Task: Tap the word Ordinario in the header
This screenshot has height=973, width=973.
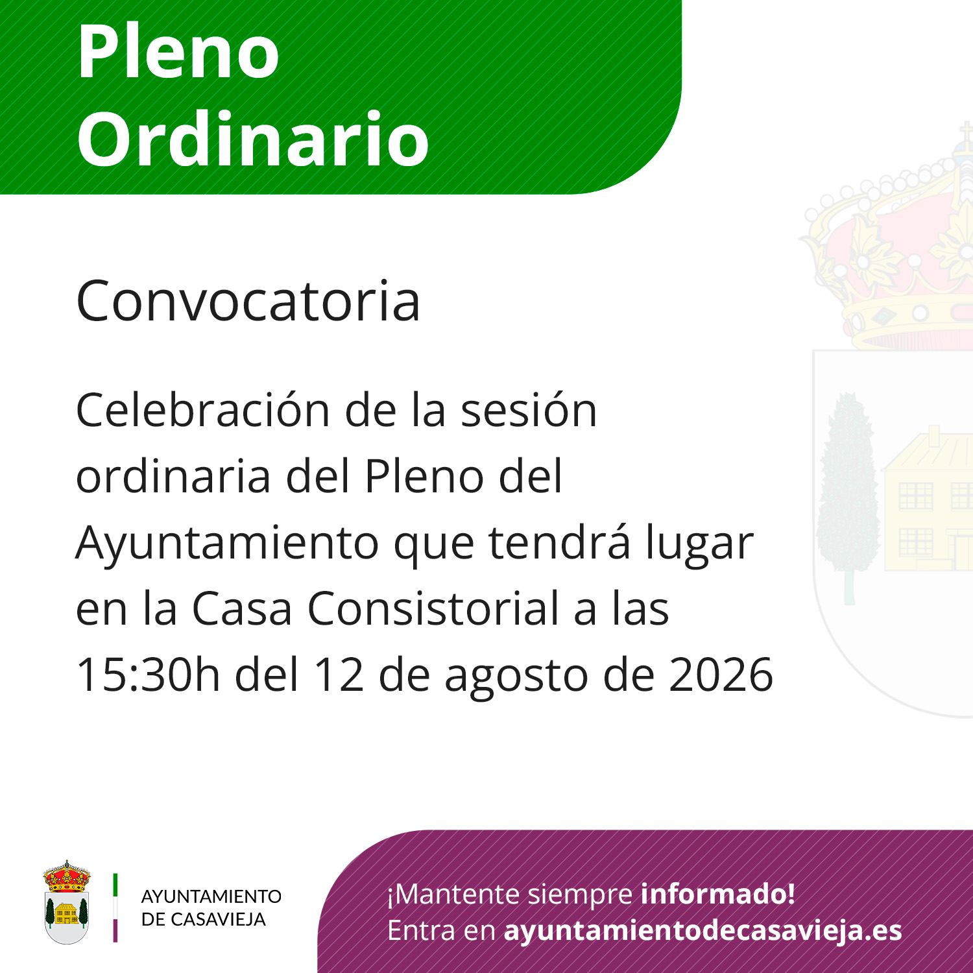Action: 253,138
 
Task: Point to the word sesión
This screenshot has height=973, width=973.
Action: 529,410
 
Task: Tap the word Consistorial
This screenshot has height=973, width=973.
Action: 433,608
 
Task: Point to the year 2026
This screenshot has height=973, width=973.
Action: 721,675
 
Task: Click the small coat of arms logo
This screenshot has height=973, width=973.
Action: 66,902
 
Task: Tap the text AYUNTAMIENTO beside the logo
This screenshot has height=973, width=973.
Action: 211,896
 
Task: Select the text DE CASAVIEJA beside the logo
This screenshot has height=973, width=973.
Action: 204,919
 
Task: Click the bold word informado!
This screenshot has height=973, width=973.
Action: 718,894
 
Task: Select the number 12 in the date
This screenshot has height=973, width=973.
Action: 339,675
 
